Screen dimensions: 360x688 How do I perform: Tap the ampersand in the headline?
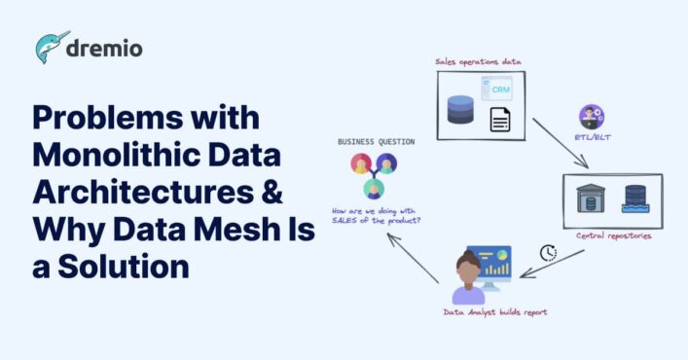[x=270, y=192]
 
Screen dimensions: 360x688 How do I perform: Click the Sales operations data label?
[x=478, y=62]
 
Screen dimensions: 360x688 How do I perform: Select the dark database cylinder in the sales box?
[x=460, y=107]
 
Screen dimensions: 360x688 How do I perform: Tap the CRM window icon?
[x=498, y=90]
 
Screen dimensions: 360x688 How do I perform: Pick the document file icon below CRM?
[x=500, y=121]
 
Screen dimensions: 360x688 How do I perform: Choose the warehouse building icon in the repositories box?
[x=591, y=199]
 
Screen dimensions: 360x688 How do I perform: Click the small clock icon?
[x=549, y=253]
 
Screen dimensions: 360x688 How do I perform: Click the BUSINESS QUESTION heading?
[x=375, y=142]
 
